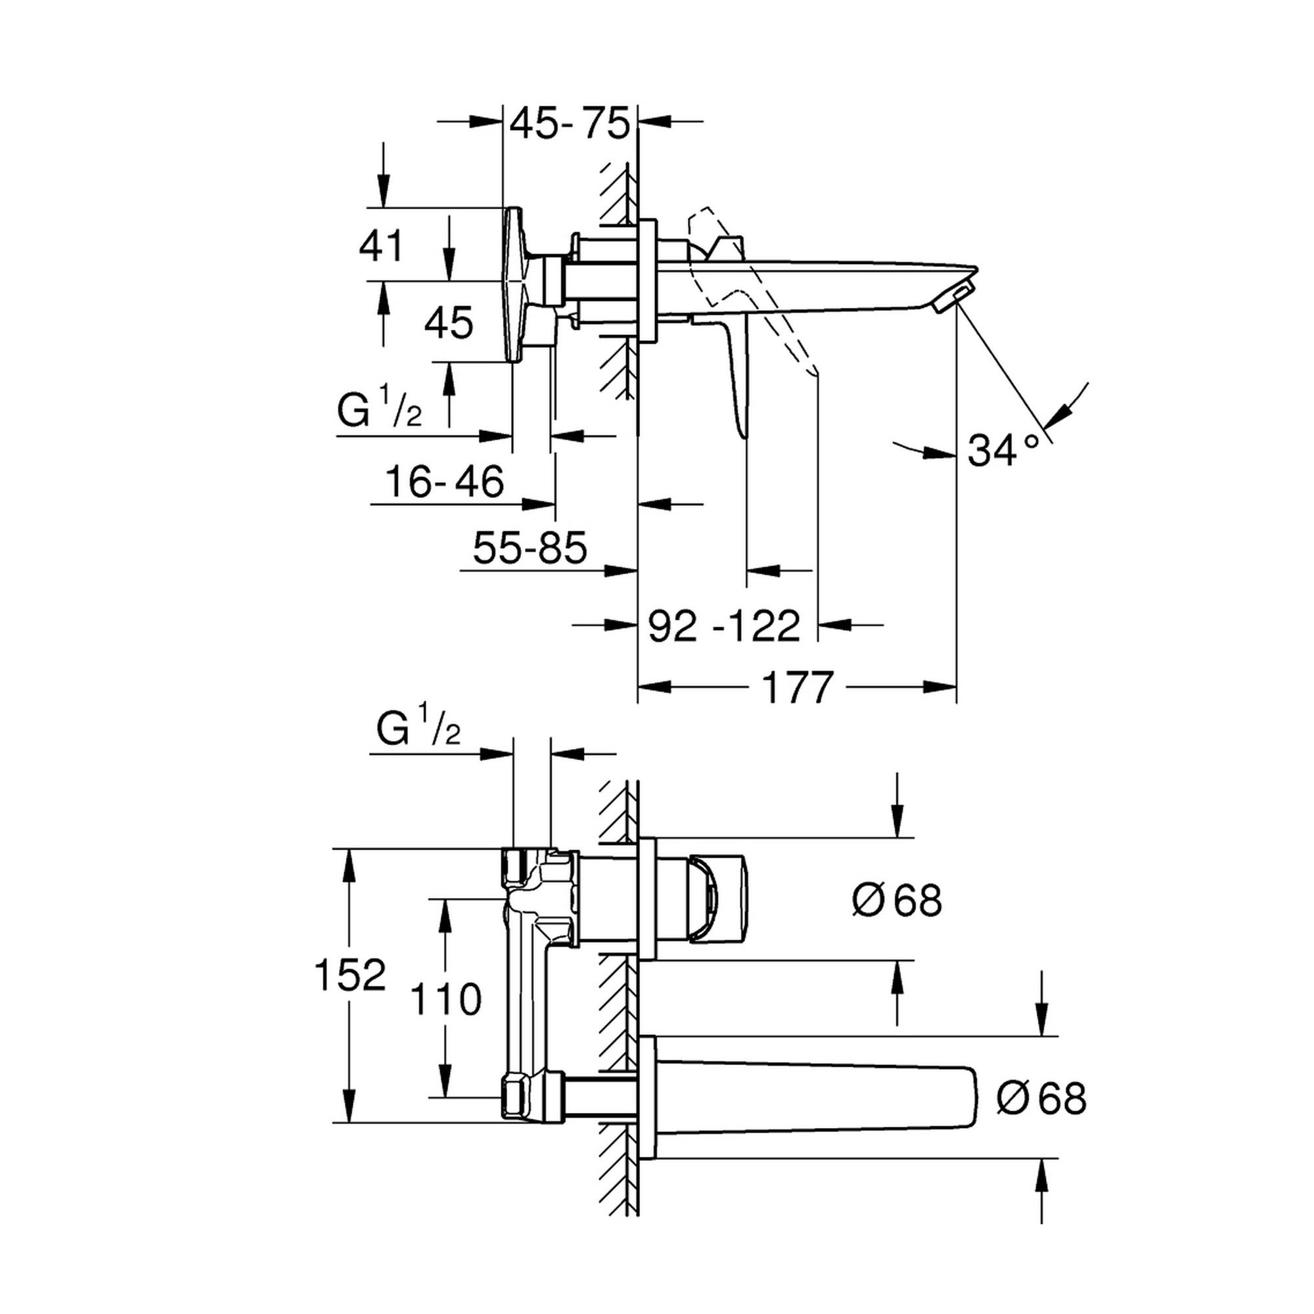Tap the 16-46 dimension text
(x=445, y=482)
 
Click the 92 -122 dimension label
(x=723, y=625)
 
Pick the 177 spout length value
(x=797, y=688)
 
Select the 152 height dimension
(x=350, y=975)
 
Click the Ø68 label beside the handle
(x=897, y=901)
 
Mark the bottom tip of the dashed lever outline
(x=813, y=373)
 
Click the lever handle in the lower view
(x=717, y=899)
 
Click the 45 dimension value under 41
(x=447, y=323)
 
